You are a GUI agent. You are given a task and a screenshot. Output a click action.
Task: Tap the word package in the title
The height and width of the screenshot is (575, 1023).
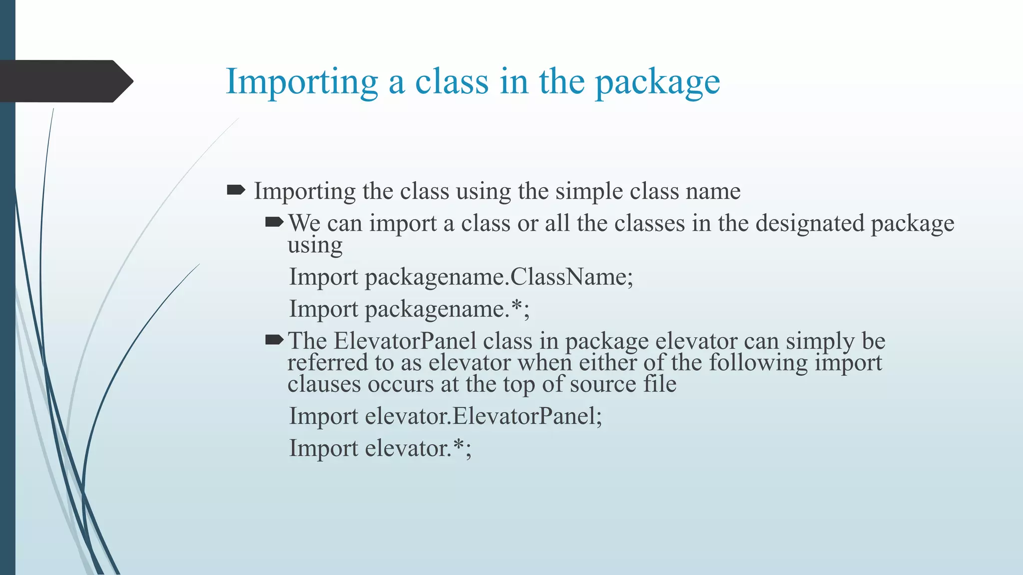[x=657, y=82]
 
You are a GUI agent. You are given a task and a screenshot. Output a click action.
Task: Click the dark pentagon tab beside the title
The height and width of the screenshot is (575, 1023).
[x=65, y=81]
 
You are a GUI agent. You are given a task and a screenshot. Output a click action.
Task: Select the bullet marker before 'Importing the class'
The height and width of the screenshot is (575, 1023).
[x=236, y=190]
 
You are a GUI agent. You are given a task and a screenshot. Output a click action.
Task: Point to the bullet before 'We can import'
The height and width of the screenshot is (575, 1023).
[x=274, y=221]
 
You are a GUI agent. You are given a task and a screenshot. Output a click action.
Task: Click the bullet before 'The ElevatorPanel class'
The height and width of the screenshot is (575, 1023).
[x=274, y=340]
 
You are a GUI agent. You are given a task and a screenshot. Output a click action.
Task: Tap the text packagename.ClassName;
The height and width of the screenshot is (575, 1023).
[x=499, y=277]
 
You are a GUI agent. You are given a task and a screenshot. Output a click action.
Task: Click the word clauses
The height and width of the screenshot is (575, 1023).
[x=324, y=384]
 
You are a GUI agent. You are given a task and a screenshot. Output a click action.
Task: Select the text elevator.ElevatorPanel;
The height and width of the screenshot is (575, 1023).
[x=483, y=416]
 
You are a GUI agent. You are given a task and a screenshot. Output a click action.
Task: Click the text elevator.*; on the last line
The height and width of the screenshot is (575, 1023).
[x=418, y=448]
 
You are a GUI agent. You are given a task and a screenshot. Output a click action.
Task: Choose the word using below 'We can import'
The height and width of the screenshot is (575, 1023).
[x=315, y=245]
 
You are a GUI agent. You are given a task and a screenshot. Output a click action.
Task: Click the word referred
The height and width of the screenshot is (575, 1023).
[x=328, y=363]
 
